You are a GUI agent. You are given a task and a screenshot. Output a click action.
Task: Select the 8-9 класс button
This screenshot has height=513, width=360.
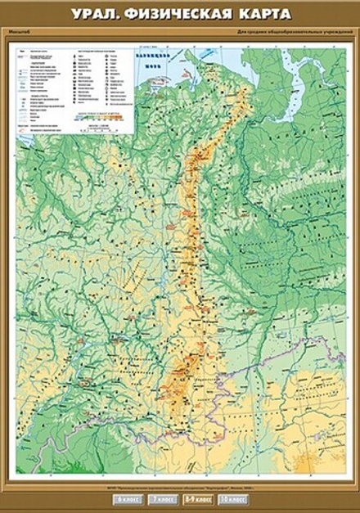[x=194, y=498]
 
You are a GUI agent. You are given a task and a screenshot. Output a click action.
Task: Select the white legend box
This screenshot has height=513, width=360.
[x=74, y=88]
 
